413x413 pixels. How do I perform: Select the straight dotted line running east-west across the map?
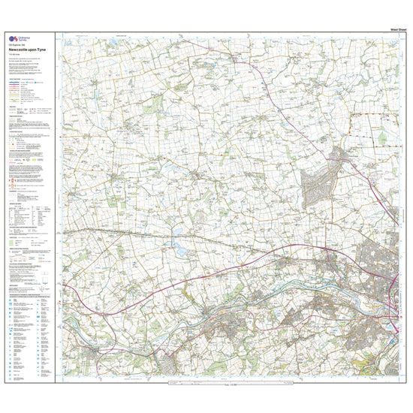[x=188, y=233]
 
